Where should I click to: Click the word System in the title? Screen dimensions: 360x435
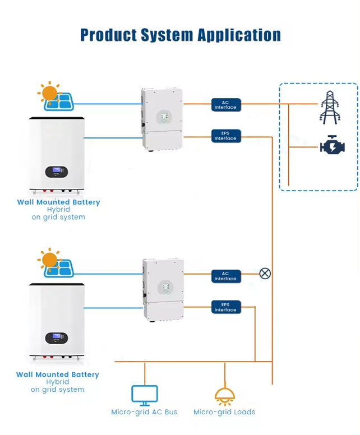click(167, 35)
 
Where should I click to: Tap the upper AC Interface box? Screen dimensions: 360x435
click(226, 105)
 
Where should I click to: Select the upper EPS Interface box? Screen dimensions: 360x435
click(226, 136)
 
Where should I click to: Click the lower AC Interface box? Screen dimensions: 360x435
click(226, 276)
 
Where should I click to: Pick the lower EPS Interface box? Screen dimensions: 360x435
click(226, 307)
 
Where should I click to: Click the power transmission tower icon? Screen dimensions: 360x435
click(330, 107)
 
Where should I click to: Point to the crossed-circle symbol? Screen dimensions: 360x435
click(265, 274)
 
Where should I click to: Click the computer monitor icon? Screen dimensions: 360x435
click(144, 396)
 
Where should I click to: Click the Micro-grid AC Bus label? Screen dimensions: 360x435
click(144, 412)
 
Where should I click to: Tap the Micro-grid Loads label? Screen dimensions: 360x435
click(224, 412)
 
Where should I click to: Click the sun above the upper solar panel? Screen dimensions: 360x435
click(49, 93)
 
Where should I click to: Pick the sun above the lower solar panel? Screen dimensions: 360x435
click(49, 260)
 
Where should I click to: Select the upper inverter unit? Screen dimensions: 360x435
click(162, 119)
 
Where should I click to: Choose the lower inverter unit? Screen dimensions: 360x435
click(163, 290)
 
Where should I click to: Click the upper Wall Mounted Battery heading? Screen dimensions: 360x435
click(58, 202)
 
